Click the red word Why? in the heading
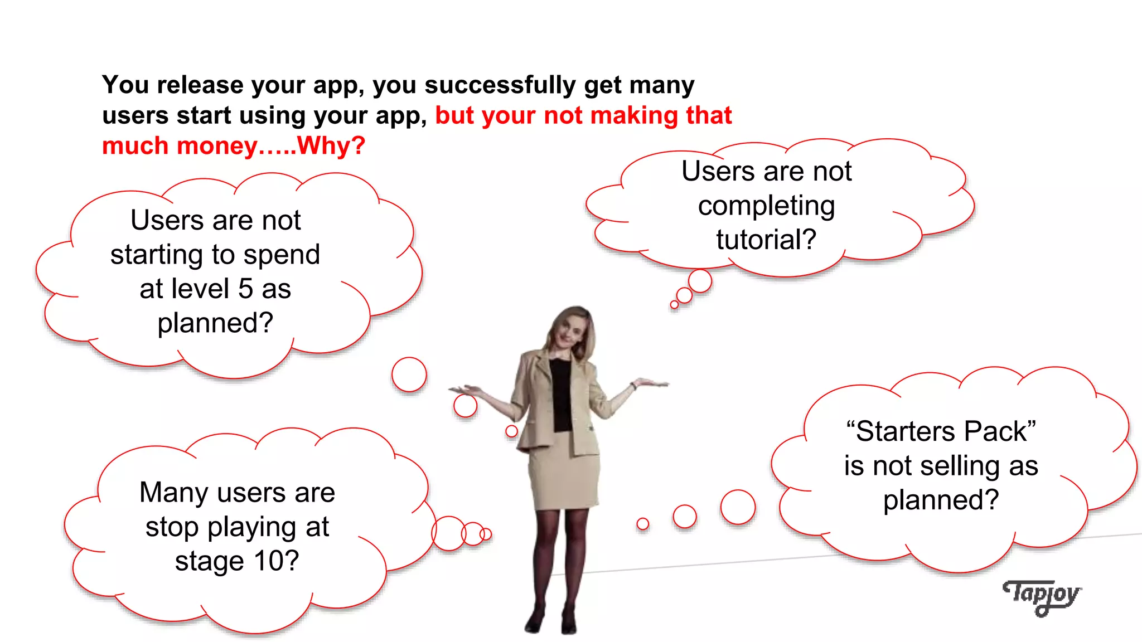pos(331,146)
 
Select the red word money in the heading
pos(217,146)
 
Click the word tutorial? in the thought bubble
pos(766,240)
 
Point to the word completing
pos(766,206)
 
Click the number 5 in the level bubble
pos(245,289)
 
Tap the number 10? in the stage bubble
pos(277,561)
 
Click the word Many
pos(174,493)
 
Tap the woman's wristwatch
pos(634,385)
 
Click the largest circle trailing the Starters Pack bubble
pos(738,507)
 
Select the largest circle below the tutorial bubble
pos(700,281)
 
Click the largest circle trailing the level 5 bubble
pos(409,374)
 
